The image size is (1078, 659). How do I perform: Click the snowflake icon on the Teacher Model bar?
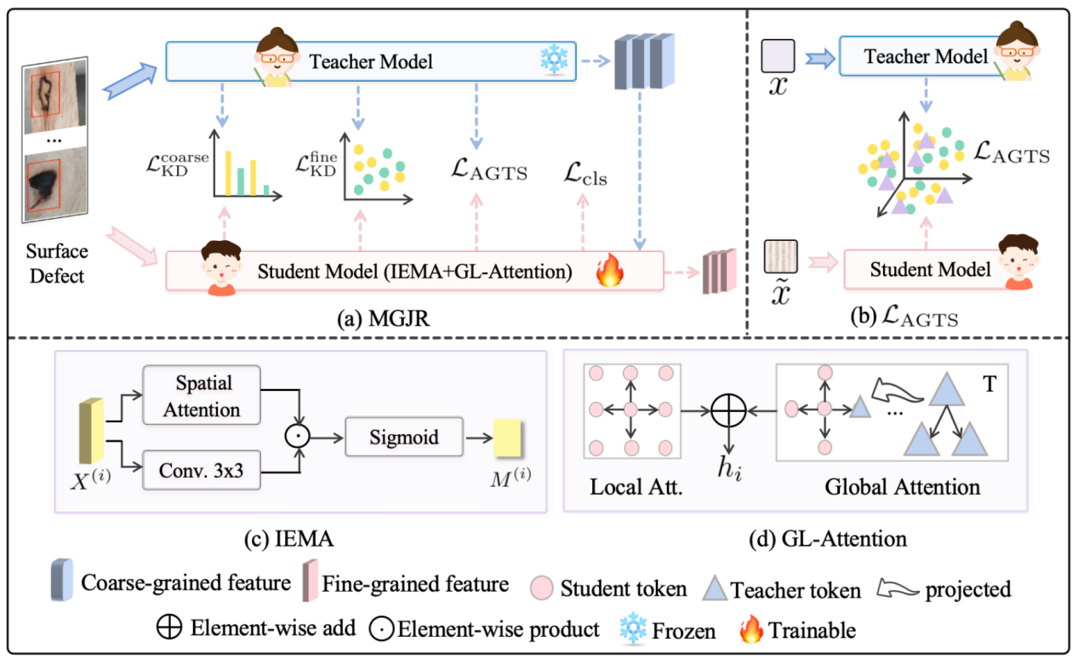553,60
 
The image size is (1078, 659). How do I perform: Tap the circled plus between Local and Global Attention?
729,410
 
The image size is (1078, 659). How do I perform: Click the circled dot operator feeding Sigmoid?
295,438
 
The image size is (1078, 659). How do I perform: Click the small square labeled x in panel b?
779,55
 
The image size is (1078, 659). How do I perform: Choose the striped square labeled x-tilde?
779,255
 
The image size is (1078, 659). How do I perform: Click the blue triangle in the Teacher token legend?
716,587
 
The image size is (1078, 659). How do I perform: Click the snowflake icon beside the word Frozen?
631,629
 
